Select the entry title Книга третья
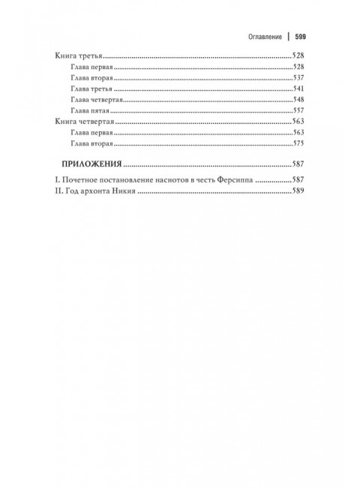tap(79, 56)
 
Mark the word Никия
tap(122, 192)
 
